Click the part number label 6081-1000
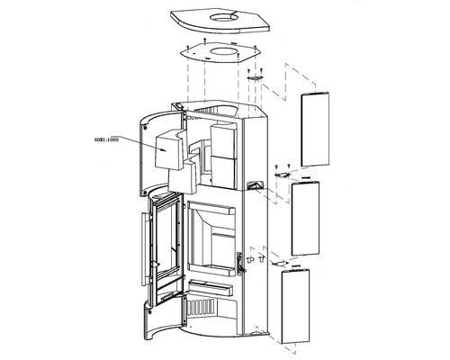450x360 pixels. coord(106,139)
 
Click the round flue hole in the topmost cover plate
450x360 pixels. coord(222,17)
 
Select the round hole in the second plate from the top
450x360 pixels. coord(223,51)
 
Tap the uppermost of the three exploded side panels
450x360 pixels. coord(315,129)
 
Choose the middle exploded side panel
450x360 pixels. coord(305,218)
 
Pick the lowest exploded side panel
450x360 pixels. coord(295,306)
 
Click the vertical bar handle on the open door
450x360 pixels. coord(145,249)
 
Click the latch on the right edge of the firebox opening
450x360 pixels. coord(239,264)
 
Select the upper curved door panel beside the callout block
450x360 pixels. coord(147,153)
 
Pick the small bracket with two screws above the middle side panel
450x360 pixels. coord(283,175)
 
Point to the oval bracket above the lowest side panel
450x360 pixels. coord(280,263)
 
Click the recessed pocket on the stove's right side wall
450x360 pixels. coord(255,185)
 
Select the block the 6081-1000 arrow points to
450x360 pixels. coord(168,149)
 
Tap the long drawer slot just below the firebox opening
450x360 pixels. coord(211,287)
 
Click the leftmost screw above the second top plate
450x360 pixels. coord(187,47)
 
